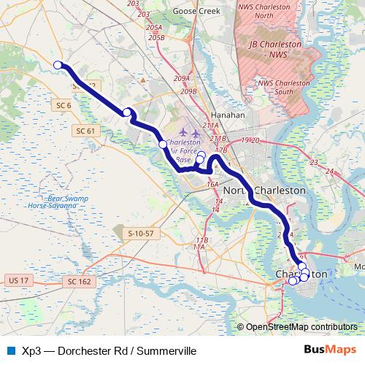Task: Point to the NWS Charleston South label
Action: (x=286, y=87)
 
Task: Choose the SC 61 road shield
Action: (x=85, y=130)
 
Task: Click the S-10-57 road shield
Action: (x=139, y=233)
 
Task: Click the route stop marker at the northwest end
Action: (x=58, y=65)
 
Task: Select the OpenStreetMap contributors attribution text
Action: (x=301, y=327)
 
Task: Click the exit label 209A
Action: (x=182, y=78)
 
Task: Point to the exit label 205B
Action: (x=155, y=36)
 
